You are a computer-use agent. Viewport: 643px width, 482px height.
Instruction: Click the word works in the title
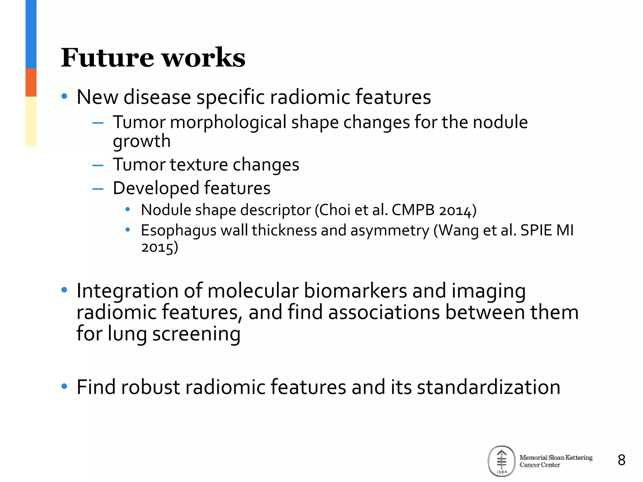(204, 58)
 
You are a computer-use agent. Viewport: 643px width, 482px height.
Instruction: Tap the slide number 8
(621, 460)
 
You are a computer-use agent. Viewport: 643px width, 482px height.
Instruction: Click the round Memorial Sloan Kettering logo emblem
(501, 461)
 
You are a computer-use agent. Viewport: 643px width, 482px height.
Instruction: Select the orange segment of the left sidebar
(31, 82)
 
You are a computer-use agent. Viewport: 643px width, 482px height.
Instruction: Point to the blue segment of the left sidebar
(31, 34)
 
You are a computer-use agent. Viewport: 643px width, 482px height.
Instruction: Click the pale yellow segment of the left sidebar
(31, 121)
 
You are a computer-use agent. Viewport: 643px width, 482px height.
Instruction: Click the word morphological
(228, 122)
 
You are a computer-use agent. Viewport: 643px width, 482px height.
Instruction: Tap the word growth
(142, 141)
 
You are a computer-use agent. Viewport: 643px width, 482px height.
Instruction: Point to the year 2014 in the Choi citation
(455, 210)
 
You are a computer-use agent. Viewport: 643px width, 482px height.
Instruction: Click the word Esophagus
(178, 231)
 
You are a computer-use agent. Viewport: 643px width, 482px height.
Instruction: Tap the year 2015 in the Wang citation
(157, 247)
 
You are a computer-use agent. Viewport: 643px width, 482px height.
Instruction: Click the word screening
(196, 334)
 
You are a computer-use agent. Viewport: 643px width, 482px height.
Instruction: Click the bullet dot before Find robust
(64, 386)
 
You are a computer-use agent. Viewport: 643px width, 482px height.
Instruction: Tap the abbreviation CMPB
(413, 210)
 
